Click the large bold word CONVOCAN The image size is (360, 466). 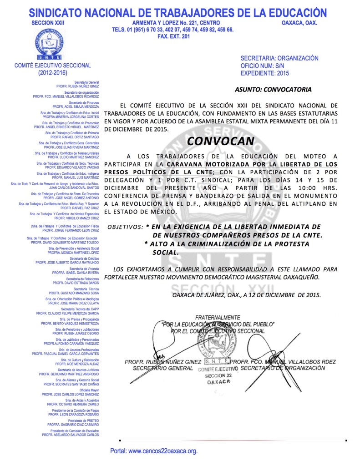coord(220,141)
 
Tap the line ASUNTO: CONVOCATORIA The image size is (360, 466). coord(273,89)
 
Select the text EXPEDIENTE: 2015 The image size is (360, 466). coord(264,73)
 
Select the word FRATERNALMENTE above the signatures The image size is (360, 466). coord(218,317)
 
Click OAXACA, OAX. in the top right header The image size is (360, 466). coord(299,23)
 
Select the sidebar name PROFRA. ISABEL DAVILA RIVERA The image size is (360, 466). coord(76,272)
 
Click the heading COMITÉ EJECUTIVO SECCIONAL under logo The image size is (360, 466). coord(53,66)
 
